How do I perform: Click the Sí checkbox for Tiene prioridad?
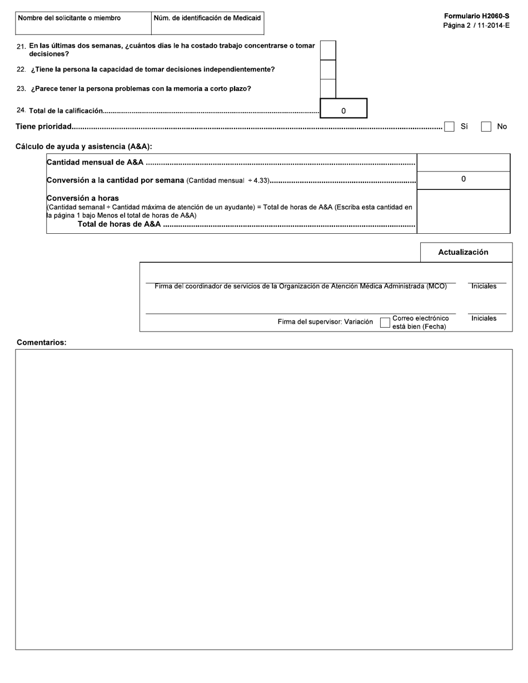coord(449,127)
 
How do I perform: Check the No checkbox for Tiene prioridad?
coord(486,127)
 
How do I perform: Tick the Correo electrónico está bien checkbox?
coord(385,323)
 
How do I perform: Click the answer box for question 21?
coord(328,50)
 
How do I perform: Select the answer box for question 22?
coord(328,69)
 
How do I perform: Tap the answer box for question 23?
coord(328,88)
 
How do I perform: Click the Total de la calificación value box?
coord(343,108)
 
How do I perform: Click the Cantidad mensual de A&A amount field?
coord(463,163)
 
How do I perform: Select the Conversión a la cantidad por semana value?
coord(463,180)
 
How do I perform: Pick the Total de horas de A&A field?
coord(463,211)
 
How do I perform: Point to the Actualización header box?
coord(466,252)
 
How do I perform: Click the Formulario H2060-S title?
coord(476,17)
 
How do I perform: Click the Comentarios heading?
coord(42,343)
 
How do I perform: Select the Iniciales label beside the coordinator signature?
coord(484,286)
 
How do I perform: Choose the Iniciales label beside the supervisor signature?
coord(484,318)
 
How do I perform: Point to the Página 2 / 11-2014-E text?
coord(476,26)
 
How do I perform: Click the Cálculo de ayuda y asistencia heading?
coord(84,147)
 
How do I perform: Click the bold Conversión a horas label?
coord(83,198)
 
